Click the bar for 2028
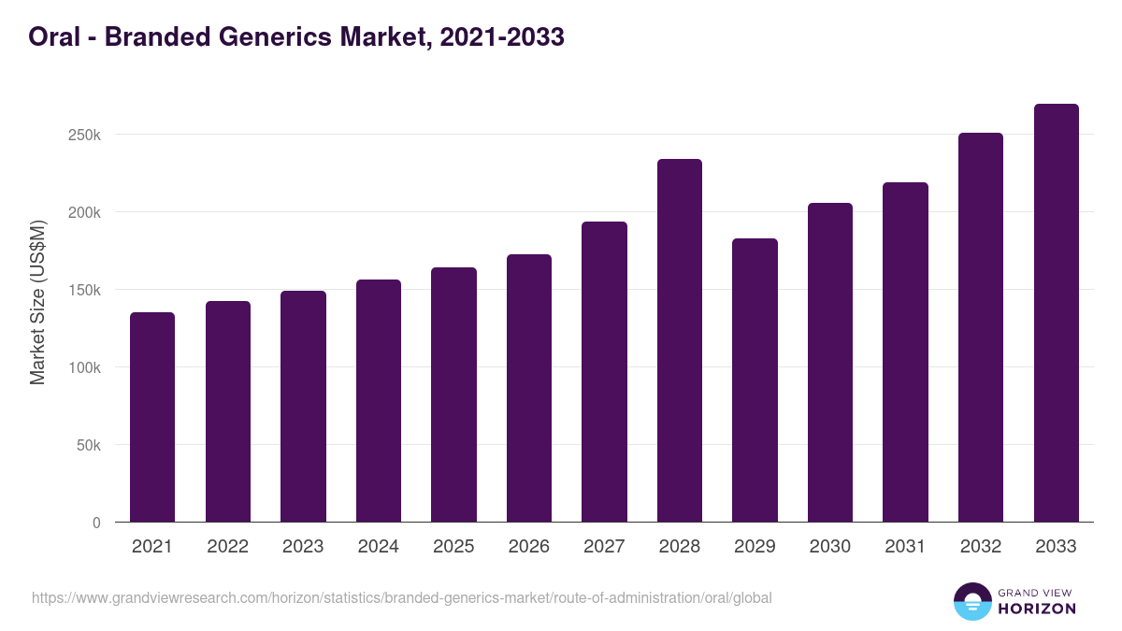point(679,340)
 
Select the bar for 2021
point(152,417)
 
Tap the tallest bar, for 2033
point(1056,313)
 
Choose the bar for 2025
point(453,394)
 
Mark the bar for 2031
point(905,351)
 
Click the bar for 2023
point(303,406)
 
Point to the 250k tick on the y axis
point(84,135)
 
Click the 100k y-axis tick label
point(84,367)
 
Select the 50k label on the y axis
point(88,445)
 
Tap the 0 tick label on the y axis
point(96,523)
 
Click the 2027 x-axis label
point(604,547)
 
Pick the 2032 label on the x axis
point(981,547)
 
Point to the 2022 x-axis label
point(228,547)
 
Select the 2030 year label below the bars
point(830,547)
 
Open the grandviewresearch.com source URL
point(402,597)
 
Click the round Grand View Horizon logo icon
point(971,602)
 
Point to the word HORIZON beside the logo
point(1036,609)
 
